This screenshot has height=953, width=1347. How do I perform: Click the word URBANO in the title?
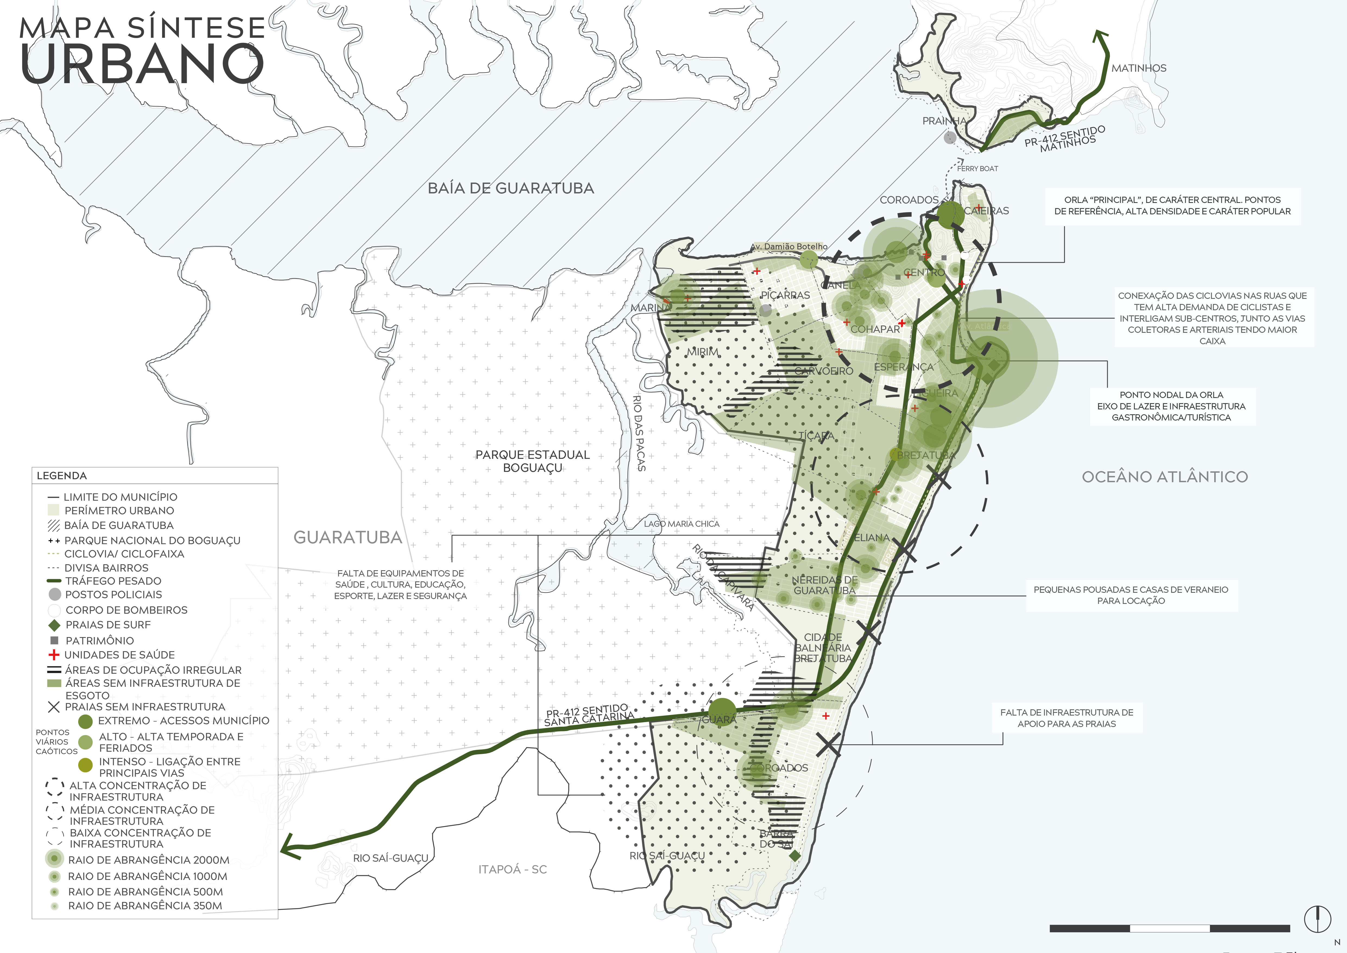tap(142, 63)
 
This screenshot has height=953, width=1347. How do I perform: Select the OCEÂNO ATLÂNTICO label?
tap(1165, 476)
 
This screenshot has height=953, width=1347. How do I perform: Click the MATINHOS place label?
tap(1139, 68)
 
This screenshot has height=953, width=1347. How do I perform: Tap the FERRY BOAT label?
tap(977, 168)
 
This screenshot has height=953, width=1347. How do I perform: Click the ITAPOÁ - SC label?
tap(512, 869)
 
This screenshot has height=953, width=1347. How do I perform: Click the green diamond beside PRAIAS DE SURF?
tap(54, 625)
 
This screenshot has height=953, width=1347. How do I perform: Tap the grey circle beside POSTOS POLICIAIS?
tap(55, 594)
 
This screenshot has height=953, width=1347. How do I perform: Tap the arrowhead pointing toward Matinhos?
tap(1101, 36)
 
